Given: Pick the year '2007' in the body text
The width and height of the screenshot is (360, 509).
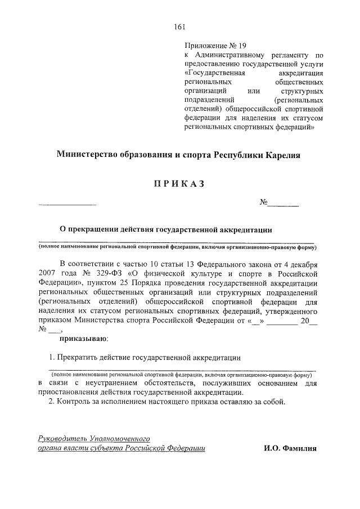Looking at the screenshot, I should click(49, 274).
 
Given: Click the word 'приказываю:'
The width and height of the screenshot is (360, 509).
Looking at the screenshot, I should click(84, 339).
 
